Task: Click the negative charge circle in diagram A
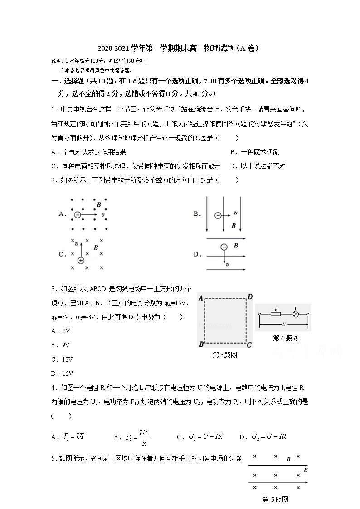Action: pos(78,215)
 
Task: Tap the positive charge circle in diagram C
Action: pos(81,260)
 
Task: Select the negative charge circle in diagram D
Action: pos(224,247)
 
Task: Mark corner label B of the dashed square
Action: pos(201,345)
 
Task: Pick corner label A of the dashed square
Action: pos(200,298)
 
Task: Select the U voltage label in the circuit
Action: pos(284,325)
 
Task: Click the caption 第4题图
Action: pos(286,338)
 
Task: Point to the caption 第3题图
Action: pos(225,355)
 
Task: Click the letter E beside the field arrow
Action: pos(306,470)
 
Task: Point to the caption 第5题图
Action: pos(276,499)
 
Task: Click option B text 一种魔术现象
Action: pos(254,152)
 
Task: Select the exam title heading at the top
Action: pos(180,48)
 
